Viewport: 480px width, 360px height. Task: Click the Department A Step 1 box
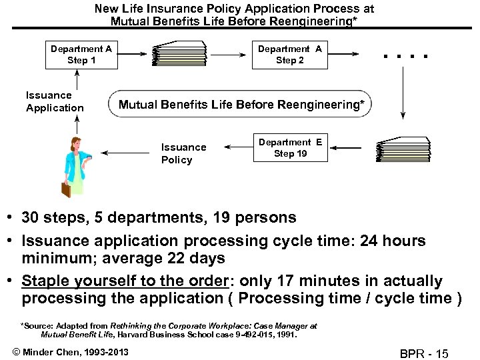(x=81, y=55)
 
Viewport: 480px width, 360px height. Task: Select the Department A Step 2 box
(x=290, y=55)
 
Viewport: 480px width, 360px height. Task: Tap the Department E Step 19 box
(x=290, y=148)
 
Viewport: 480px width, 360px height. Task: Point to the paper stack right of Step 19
(x=403, y=149)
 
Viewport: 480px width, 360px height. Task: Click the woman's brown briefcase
(x=66, y=189)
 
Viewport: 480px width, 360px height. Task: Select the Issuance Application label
(x=55, y=101)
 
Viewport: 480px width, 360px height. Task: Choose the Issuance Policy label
(x=183, y=153)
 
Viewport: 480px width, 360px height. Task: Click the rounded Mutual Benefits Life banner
(x=241, y=105)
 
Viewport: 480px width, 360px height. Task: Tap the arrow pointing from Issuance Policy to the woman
(x=127, y=153)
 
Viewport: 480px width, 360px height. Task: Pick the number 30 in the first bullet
(x=30, y=218)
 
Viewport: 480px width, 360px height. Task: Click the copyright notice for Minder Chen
(x=68, y=351)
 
